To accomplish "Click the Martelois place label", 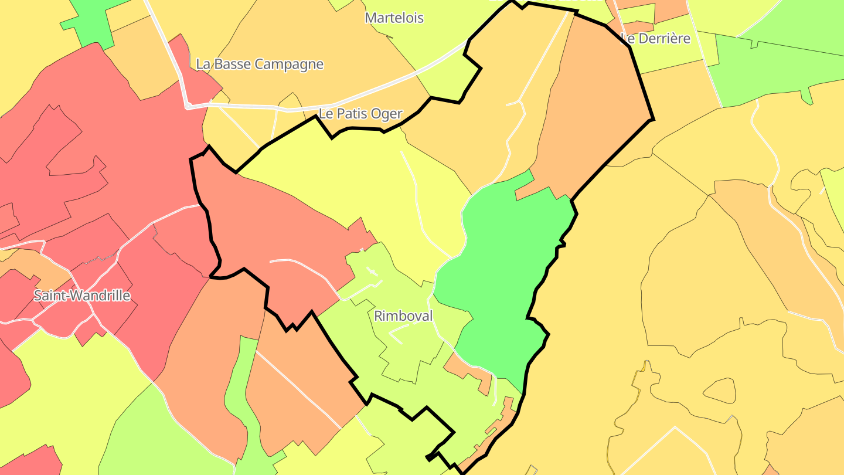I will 394,18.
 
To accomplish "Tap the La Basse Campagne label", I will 260,65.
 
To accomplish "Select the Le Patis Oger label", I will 360,114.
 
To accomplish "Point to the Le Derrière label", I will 655,39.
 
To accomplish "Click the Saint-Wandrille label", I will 81,296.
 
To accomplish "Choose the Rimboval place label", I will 403,317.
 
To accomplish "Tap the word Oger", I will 389,114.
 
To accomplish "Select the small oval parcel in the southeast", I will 719,391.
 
